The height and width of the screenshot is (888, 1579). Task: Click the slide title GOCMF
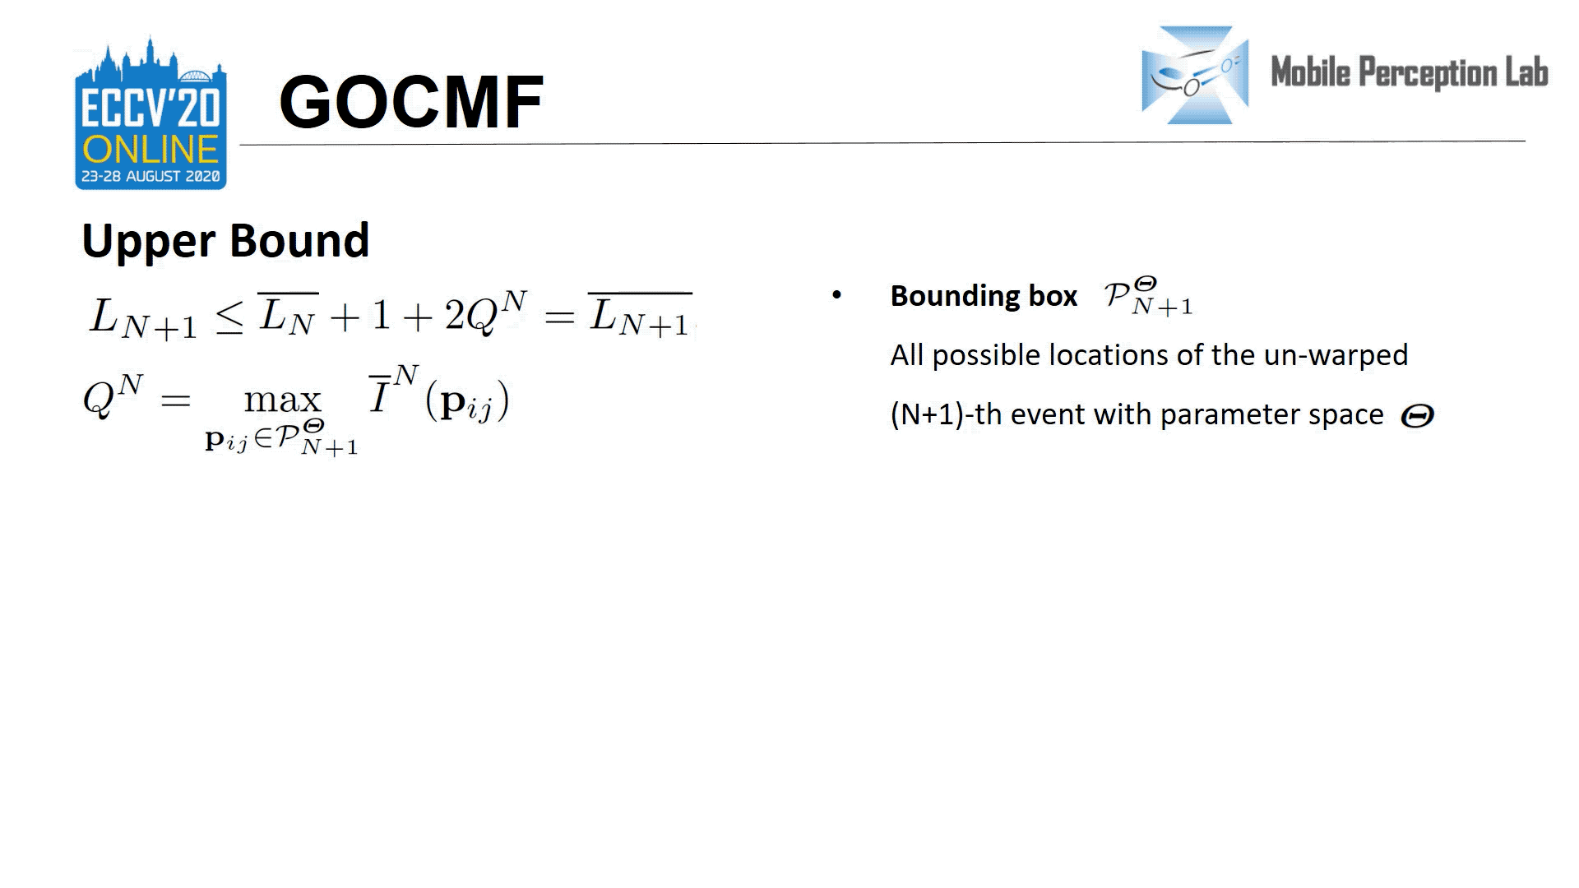pyautogui.click(x=411, y=102)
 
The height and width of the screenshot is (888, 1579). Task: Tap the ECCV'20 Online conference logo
pyautogui.click(x=150, y=113)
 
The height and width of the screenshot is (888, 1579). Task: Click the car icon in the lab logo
pyautogui.click(x=1195, y=75)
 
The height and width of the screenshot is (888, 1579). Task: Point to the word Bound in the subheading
pyautogui.click(x=299, y=240)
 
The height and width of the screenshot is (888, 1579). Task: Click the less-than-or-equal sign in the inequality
pyautogui.click(x=229, y=317)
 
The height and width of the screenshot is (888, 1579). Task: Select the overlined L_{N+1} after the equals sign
pyautogui.click(x=640, y=315)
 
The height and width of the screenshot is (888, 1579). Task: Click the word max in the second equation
pyautogui.click(x=282, y=400)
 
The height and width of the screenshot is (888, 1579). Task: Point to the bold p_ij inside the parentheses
pyautogui.click(x=467, y=403)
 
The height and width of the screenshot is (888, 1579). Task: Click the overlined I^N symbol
pyautogui.click(x=393, y=391)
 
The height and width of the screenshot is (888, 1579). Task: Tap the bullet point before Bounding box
pyautogui.click(x=836, y=294)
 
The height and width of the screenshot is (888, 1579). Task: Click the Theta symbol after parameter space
pyautogui.click(x=1417, y=416)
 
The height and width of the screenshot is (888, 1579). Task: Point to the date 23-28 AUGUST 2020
pyautogui.click(x=150, y=176)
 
